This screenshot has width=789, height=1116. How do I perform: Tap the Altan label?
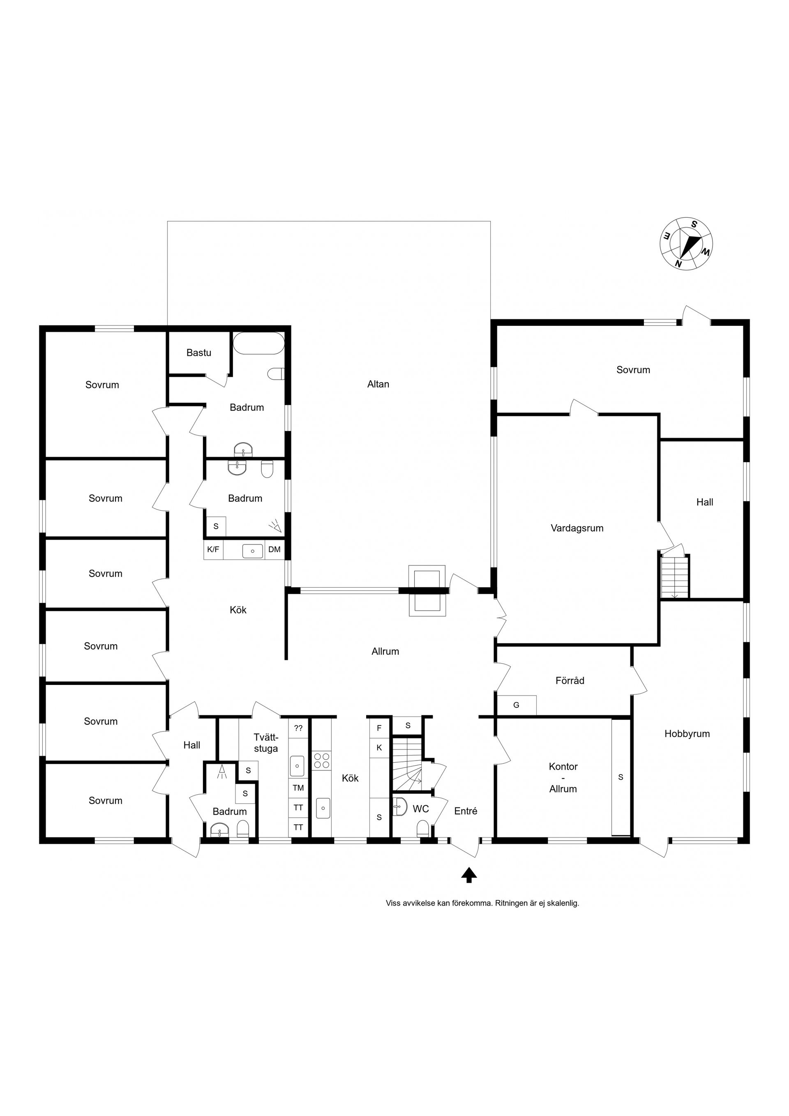pyautogui.click(x=378, y=384)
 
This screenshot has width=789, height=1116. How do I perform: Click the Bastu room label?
pyautogui.click(x=199, y=353)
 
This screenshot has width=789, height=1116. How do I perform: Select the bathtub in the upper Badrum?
pyautogui.click(x=258, y=344)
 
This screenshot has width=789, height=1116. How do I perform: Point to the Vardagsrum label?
pyautogui.click(x=577, y=528)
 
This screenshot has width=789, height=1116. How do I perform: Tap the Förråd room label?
pyautogui.click(x=570, y=680)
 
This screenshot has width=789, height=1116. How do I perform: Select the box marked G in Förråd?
pyautogui.click(x=516, y=705)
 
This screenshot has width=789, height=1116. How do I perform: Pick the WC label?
pyautogui.click(x=420, y=809)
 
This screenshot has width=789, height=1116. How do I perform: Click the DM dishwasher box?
pyautogui.click(x=274, y=550)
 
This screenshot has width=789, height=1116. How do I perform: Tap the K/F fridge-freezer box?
pyautogui.click(x=213, y=550)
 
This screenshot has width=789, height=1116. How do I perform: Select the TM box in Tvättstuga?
pyautogui.click(x=298, y=787)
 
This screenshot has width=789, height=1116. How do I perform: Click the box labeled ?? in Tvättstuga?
pyautogui.click(x=298, y=728)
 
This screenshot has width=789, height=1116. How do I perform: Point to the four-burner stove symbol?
pyautogui.click(x=321, y=760)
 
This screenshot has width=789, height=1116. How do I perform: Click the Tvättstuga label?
pyautogui.click(x=265, y=743)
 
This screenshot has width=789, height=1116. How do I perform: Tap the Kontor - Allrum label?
pyautogui.click(x=563, y=778)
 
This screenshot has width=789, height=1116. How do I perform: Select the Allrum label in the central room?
pyautogui.click(x=385, y=651)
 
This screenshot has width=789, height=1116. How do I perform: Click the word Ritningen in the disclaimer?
pyautogui.click(x=512, y=904)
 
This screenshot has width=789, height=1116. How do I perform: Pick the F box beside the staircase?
pyautogui.click(x=379, y=728)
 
